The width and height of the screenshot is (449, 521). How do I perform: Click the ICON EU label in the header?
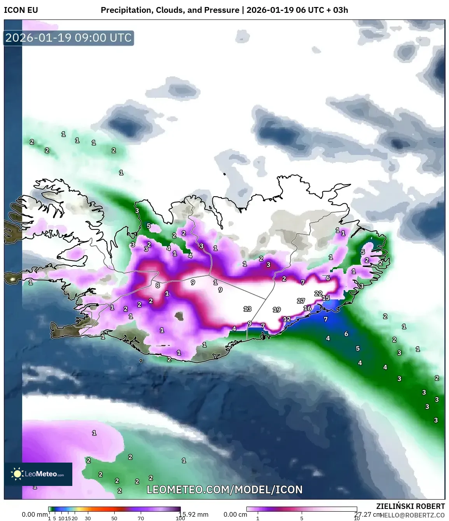pyautogui.click(x=21, y=10)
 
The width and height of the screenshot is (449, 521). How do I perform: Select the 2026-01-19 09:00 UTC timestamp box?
pyautogui.click(x=68, y=38)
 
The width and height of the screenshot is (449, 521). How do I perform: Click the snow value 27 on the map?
pyautogui.click(x=301, y=301)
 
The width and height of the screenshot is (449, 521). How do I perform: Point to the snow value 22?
pyautogui.click(x=318, y=294)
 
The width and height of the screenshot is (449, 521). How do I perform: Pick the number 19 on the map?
pyautogui.click(x=276, y=310)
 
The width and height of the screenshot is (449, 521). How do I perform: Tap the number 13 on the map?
pyautogui.click(x=247, y=309)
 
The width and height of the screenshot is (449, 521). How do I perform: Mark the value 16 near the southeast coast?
pyautogui.click(x=307, y=308)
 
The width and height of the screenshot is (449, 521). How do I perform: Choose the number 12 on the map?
pyautogui.click(x=287, y=319)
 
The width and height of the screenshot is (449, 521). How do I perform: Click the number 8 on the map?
pyautogui.click(x=157, y=285)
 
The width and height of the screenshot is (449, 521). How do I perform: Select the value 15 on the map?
pyautogui.click(x=326, y=298)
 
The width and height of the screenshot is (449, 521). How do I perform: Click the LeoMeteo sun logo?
pyautogui.click(x=17, y=473)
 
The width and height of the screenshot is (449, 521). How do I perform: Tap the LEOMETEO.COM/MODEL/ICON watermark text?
pyautogui.click(x=225, y=489)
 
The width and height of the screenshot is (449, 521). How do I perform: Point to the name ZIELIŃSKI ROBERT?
pyautogui.click(x=411, y=506)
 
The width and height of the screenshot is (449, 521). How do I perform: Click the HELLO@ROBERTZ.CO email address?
pyautogui.click(x=412, y=515)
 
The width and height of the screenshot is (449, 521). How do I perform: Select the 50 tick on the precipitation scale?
pyautogui.click(x=114, y=518)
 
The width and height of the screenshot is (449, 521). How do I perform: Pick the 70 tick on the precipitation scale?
pyautogui.click(x=141, y=518)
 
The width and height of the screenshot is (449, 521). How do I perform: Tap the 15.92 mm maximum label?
pyautogui.click(x=194, y=514)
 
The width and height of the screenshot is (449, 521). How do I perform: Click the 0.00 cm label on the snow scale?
pyautogui.click(x=235, y=514)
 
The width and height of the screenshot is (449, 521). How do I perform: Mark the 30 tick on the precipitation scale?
pyautogui.click(x=88, y=518)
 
